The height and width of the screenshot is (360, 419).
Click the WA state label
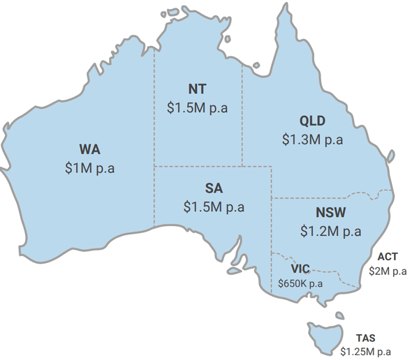89,150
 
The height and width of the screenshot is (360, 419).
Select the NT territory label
197,89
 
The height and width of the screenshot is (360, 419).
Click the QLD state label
312,121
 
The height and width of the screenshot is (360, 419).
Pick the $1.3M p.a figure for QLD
312,139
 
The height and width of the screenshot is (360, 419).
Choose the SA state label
214,188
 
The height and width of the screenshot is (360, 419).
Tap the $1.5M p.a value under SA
214,207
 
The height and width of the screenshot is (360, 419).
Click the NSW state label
331,212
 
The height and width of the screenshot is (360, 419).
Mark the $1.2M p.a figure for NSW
331,230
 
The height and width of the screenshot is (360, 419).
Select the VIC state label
300,269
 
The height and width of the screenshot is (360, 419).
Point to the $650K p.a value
300,283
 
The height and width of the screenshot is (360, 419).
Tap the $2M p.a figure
388,271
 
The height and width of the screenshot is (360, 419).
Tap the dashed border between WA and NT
154,112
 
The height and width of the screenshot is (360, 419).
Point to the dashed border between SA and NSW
271,230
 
